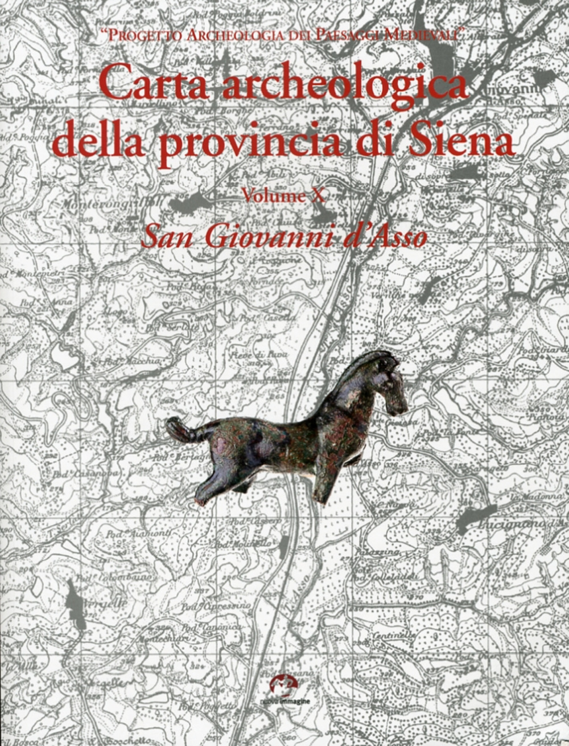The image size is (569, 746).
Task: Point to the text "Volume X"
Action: click(283, 196)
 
